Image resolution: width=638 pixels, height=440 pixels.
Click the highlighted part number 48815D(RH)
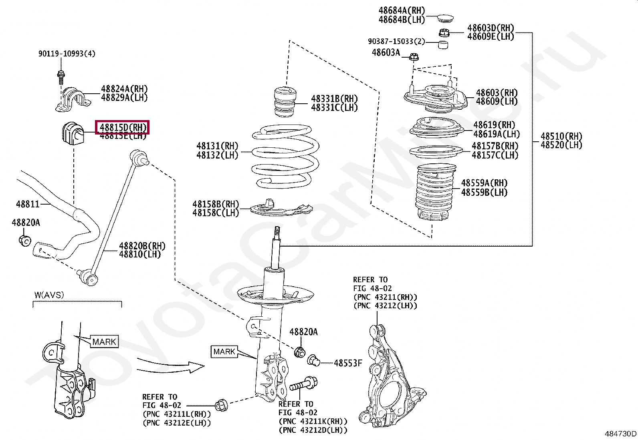[122, 127]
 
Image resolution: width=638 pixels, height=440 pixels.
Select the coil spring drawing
[285, 156]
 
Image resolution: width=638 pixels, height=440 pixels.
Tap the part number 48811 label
[28, 204]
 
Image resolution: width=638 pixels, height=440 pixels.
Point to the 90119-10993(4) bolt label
[67, 54]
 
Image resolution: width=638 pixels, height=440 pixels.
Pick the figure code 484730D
[620, 434]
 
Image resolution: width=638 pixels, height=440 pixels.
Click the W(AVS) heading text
[49, 295]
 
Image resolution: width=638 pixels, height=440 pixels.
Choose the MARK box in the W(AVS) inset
[104, 342]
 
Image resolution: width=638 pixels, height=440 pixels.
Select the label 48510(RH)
[561, 136]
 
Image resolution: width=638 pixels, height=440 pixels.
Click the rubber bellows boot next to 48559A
[434, 192]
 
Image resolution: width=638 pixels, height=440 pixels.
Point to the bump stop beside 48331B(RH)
[286, 102]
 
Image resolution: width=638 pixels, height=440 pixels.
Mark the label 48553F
[348, 363]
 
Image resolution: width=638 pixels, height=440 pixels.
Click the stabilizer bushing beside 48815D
[73, 132]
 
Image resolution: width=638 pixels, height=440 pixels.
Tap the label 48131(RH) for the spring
[217, 146]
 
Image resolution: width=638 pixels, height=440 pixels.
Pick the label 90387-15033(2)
[396, 42]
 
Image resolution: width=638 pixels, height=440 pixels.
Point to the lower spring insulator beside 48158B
[281, 208]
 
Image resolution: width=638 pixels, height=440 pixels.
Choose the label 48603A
[386, 52]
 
